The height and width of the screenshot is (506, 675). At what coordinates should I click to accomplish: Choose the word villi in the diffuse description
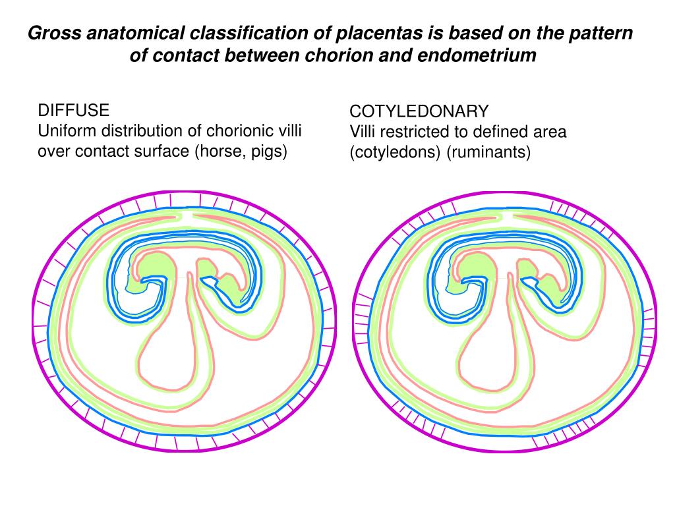289,130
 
